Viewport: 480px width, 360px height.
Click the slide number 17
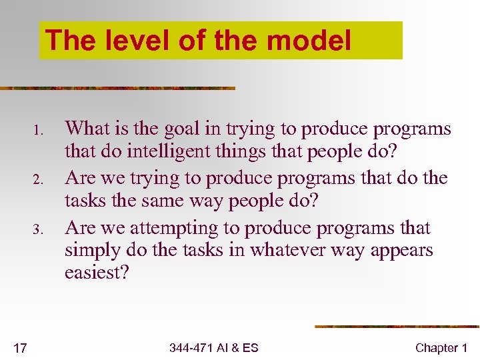click(x=20, y=347)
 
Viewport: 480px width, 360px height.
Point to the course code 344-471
click(x=191, y=347)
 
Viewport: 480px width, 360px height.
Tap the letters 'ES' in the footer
click(x=251, y=347)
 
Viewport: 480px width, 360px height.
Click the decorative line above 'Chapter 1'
click(x=397, y=327)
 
